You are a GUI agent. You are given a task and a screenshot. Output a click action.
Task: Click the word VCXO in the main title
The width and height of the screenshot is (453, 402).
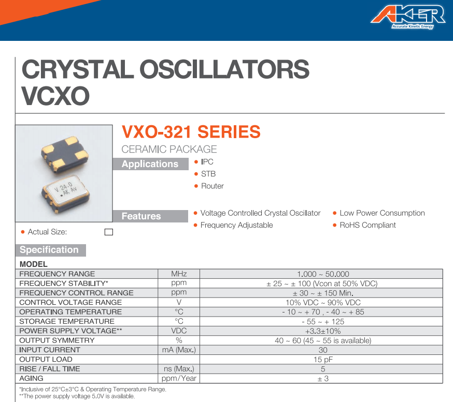click(x=55, y=95)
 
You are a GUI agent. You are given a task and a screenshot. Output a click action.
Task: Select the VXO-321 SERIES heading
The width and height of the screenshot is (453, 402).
click(x=191, y=132)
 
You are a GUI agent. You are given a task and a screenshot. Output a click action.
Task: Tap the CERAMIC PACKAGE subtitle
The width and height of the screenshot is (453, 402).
click(x=169, y=150)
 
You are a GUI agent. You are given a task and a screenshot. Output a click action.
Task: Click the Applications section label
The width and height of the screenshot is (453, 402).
click(x=149, y=164)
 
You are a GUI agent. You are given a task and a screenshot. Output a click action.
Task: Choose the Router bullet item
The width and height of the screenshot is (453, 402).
click(x=212, y=186)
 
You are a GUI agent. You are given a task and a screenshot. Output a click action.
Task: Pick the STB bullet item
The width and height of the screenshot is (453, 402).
click(x=208, y=174)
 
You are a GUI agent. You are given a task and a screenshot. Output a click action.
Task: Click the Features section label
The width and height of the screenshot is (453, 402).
click(x=141, y=216)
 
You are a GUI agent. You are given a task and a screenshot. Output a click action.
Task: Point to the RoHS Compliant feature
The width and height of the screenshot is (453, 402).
click(x=367, y=225)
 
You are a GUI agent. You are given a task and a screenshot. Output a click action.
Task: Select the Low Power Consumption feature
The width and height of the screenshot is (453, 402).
click(x=382, y=213)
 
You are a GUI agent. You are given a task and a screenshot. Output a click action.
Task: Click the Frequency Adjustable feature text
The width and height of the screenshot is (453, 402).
click(x=236, y=225)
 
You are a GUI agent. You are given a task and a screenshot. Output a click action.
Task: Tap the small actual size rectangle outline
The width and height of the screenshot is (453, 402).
click(x=108, y=232)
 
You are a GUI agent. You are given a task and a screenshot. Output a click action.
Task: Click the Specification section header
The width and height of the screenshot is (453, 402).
click(x=49, y=250)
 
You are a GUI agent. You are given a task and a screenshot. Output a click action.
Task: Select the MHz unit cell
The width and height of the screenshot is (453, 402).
click(x=178, y=274)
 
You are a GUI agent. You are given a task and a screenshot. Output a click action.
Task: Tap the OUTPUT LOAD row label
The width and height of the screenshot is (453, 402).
click(x=46, y=360)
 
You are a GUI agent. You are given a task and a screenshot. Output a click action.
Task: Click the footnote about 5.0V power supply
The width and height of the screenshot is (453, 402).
click(x=77, y=396)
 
